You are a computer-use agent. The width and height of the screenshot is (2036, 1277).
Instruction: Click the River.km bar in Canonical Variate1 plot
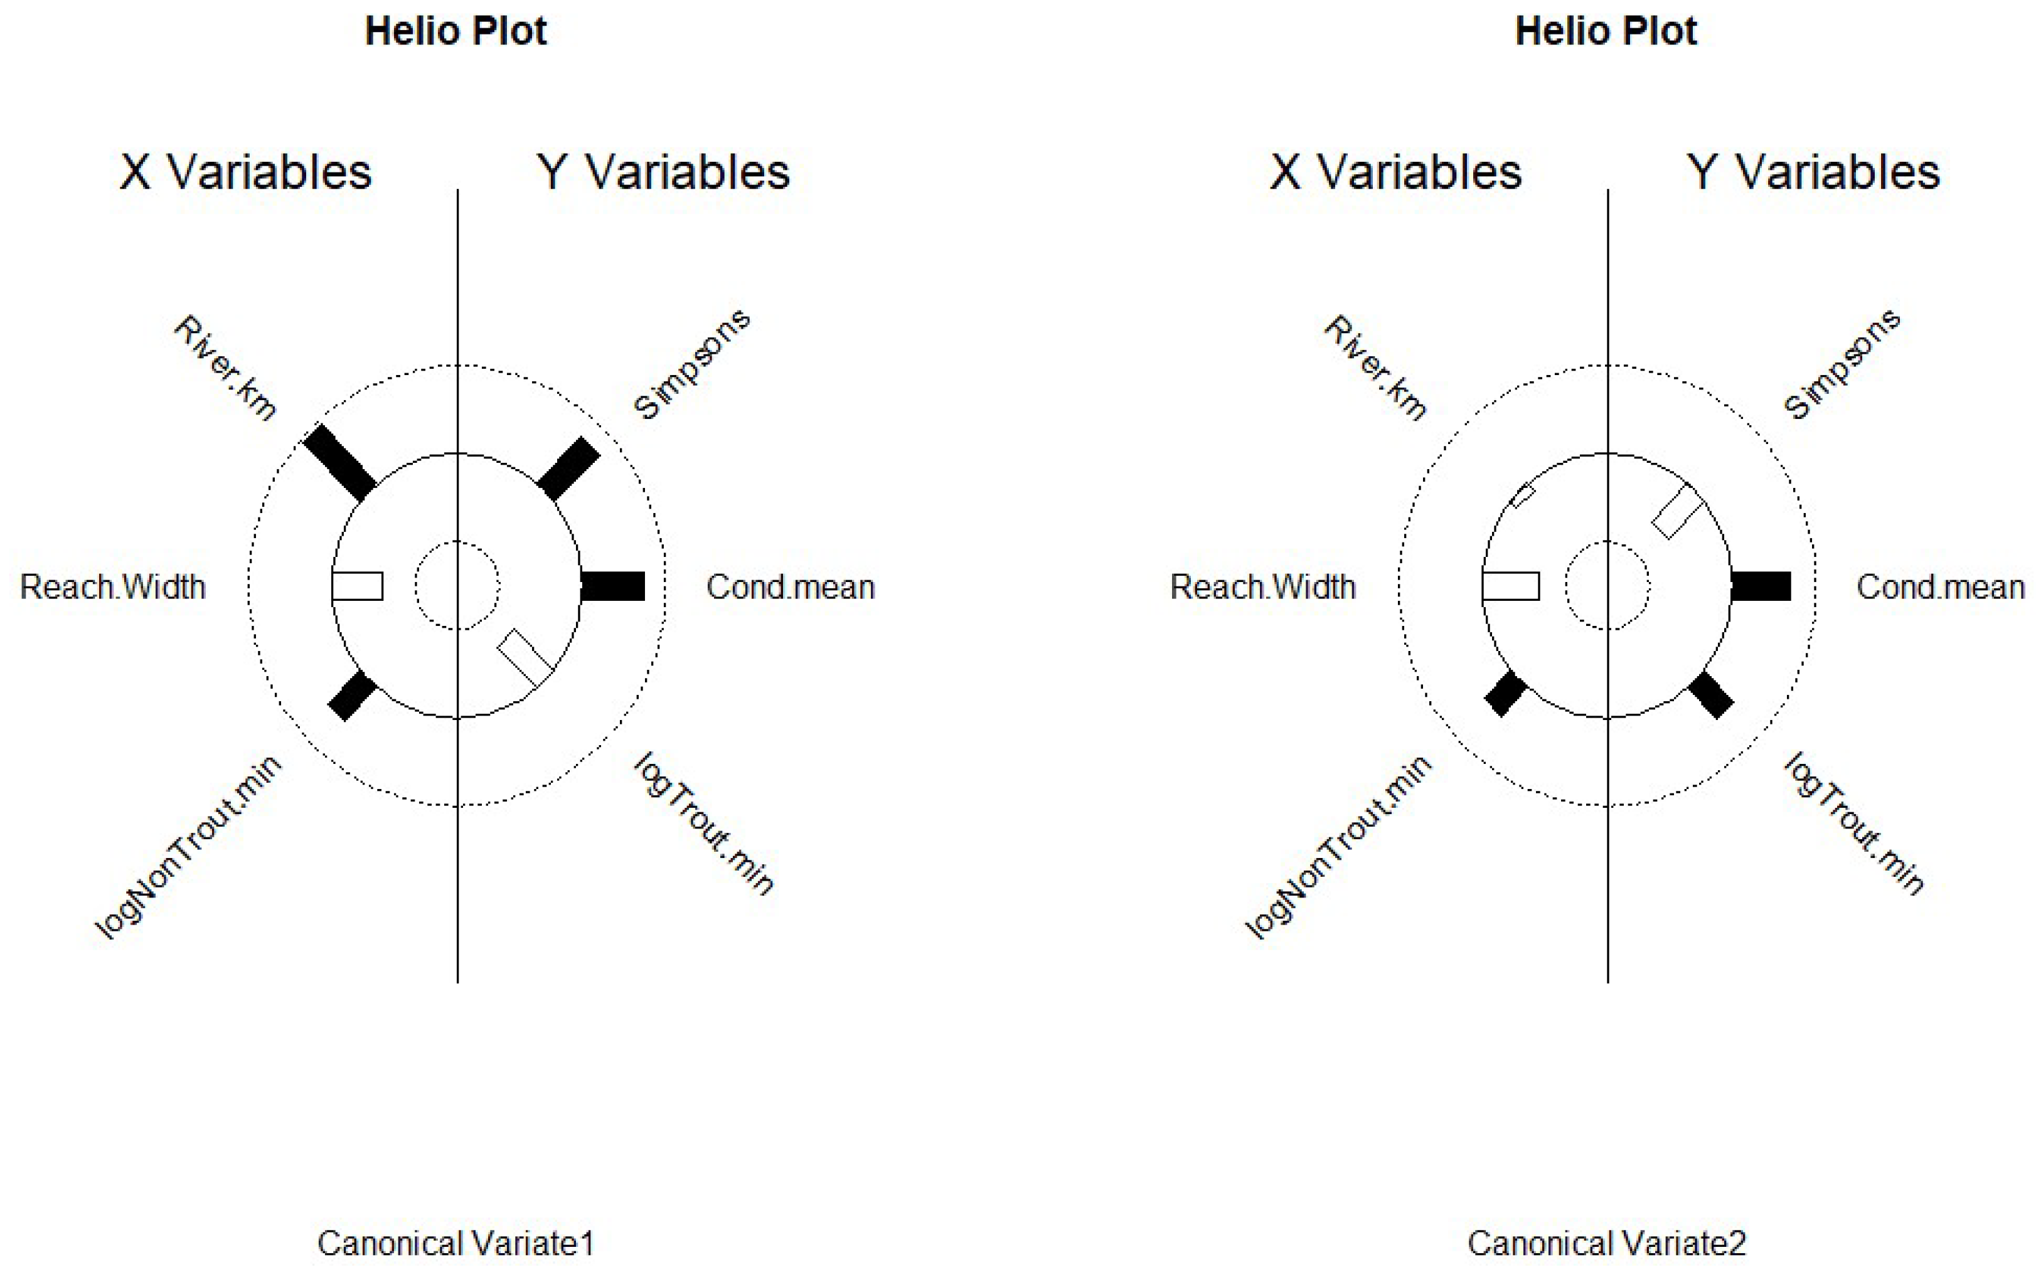click(x=339, y=462)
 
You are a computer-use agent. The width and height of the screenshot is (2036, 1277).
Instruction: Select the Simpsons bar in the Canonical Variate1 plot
click(x=568, y=469)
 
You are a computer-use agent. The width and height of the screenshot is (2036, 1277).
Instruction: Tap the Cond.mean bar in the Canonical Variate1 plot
click(x=612, y=586)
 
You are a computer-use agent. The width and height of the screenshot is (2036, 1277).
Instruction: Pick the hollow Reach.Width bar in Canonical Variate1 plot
click(x=358, y=586)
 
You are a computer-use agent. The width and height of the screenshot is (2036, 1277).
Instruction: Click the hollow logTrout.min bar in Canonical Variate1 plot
click(x=525, y=657)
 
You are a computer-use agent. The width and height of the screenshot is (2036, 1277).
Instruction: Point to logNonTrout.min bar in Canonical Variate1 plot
click(x=353, y=695)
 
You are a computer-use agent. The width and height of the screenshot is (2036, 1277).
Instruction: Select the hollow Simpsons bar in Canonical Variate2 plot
click(x=1677, y=511)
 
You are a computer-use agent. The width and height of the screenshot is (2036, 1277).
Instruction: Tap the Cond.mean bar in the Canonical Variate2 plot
click(x=1761, y=586)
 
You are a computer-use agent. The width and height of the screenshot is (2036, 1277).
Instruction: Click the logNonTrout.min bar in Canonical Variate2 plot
click(x=1505, y=694)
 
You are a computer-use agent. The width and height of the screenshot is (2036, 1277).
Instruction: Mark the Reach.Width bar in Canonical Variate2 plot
click(x=1510, y=586)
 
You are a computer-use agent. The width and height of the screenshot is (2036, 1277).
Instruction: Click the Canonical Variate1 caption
click(x=456, y=1243)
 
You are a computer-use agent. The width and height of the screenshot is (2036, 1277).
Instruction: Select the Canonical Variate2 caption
click(x=1606, y=1243)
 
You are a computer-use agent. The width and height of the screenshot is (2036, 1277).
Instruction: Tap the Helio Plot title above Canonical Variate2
click(x=1606, y=31)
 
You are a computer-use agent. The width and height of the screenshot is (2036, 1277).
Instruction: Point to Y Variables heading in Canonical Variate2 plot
click(x=1813, y=172)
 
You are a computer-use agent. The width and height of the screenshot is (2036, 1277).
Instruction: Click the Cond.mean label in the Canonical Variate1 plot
click(x=790, y=587)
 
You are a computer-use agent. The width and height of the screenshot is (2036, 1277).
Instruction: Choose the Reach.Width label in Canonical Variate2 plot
click(x=1262, y=587)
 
